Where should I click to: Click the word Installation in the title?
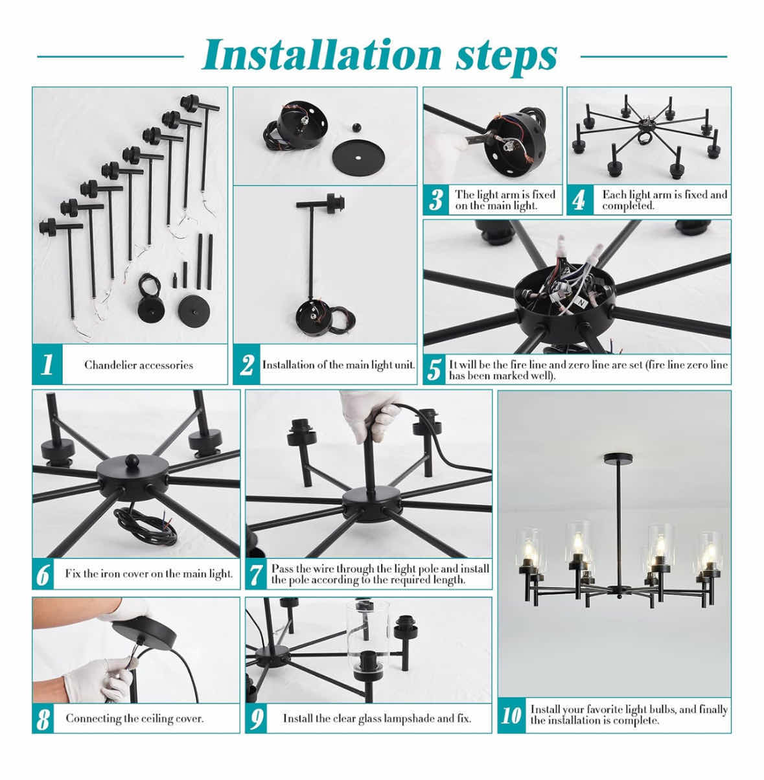click(321, 56)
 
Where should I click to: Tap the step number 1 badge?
click(47, 364)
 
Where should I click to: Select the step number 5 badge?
click(435, 370)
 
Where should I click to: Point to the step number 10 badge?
click(511, 715)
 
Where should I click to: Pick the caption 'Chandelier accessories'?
click(139, 365)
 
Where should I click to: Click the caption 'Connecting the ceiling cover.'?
click(134, 718)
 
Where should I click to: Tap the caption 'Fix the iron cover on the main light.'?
click(149, 573)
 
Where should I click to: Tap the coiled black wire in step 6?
click(145, 525)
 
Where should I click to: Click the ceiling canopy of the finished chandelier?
click(618, 459)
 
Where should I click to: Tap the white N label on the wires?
click(581, 303)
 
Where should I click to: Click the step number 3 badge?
click(436, 200)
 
